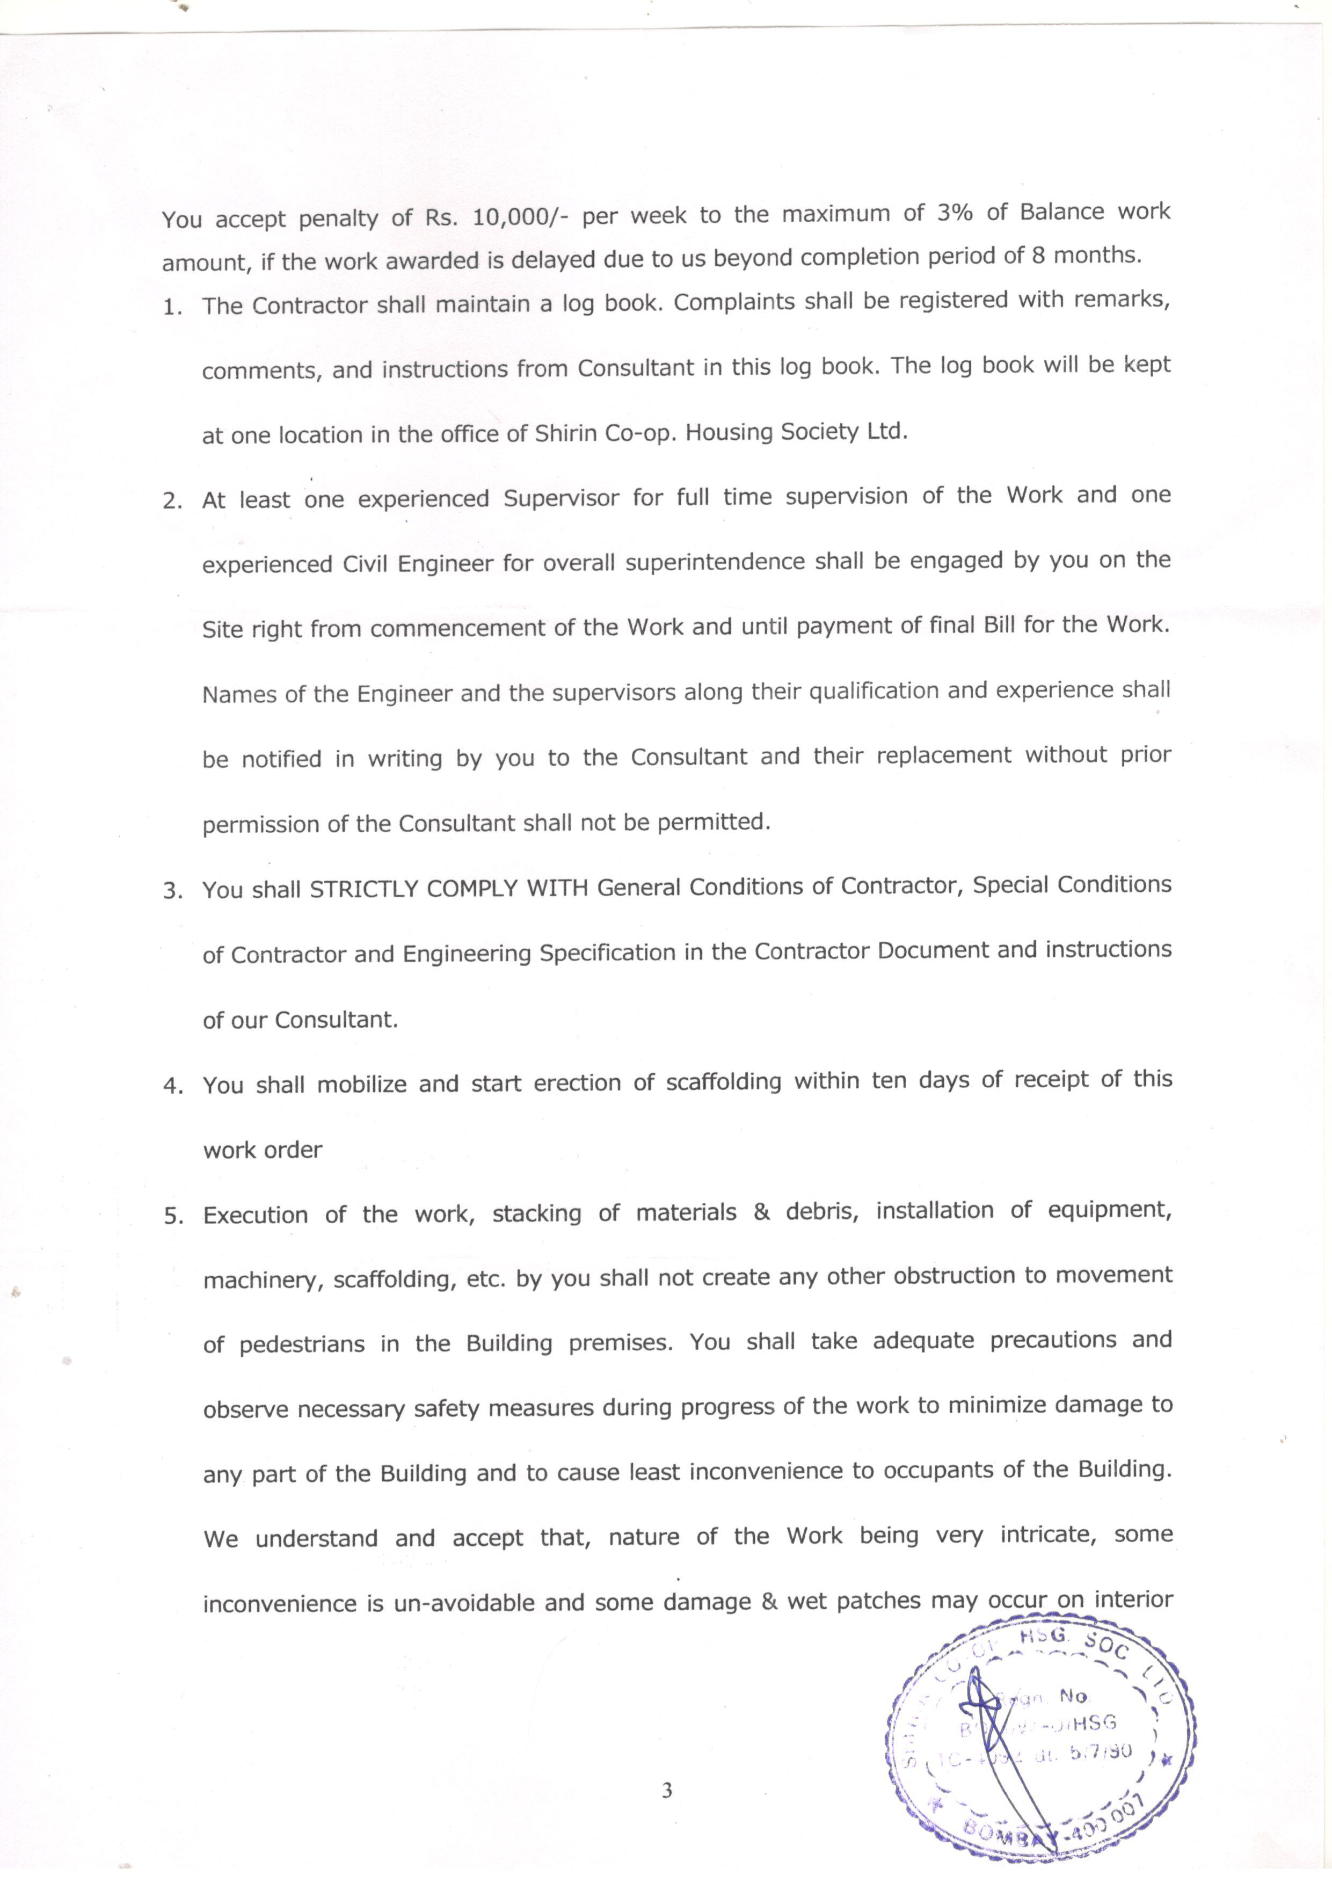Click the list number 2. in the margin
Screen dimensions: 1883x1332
tap(173, 501)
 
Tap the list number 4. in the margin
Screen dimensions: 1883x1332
tap(173, 1086)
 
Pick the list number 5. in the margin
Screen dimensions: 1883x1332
tap(173, 1216)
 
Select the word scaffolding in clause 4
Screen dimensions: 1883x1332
tap(723, 1082)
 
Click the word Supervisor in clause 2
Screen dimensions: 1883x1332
tap(561, 498)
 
